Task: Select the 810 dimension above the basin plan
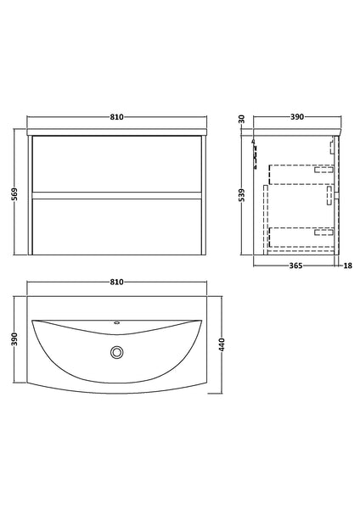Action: pos(117,282)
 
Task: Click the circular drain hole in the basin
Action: pos(118,352)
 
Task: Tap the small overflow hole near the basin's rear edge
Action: pos(118,324)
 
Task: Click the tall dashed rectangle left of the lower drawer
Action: pos(267,225)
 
